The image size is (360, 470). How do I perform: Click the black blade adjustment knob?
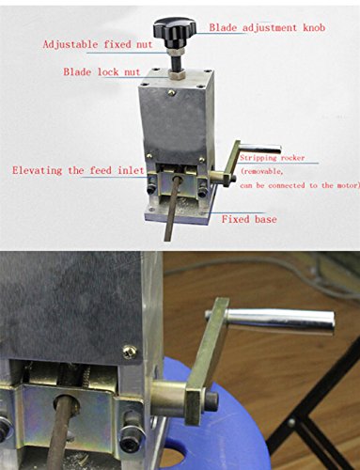tap(175, 27)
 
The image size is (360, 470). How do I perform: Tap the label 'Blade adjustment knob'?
tap(267, 27)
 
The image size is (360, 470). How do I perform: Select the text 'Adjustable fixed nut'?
tap(98, 44)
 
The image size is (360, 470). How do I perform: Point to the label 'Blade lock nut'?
tap(102, 71)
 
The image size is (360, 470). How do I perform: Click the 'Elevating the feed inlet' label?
tap(78, 170)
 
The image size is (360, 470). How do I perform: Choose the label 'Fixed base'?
tap(249, 219)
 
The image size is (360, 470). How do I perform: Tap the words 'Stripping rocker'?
tap(272, 157)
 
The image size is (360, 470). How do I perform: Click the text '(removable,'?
tap(262, 171)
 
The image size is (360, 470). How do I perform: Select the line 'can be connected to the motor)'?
tap(300, 185)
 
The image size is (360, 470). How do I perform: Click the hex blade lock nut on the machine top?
tap(176, 74)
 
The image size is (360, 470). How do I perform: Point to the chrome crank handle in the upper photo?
tap(260, 149)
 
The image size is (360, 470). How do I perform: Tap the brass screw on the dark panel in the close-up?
tap(130, 352)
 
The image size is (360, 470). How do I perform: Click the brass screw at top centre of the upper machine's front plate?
tap(171, 92)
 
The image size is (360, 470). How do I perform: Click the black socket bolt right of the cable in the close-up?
tap(132, 431)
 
